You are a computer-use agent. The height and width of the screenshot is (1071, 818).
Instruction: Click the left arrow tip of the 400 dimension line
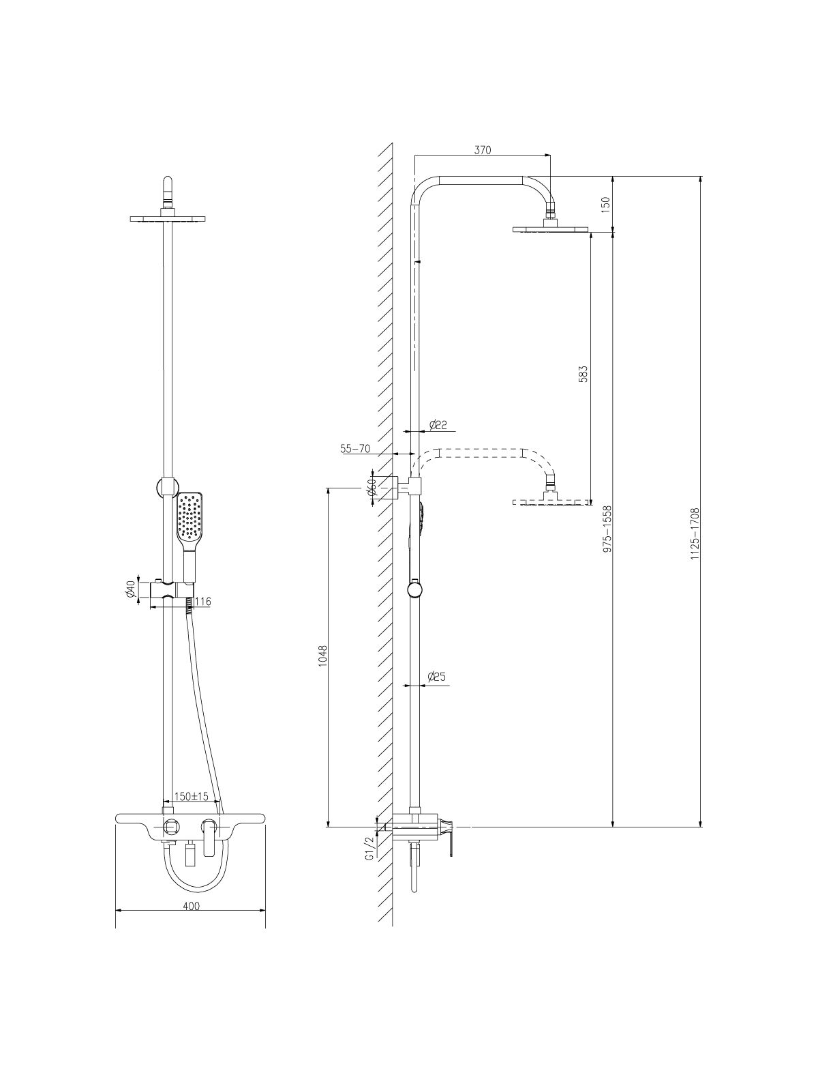coord(115,911)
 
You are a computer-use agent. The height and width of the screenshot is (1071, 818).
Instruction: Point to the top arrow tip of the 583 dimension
coord(591,233)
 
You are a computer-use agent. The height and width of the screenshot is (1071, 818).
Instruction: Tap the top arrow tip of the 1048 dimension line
coord(328,488)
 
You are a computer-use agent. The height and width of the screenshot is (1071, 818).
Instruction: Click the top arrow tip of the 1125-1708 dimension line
coord(701,177)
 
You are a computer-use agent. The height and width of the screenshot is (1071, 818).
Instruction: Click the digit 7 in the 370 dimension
coord(483,150)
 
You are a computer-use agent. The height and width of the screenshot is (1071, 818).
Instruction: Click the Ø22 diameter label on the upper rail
coord(438,425)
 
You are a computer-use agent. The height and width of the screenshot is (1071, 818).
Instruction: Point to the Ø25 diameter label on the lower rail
coord(437,677)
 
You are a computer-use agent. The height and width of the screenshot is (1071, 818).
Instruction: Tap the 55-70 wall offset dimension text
coord(355,449)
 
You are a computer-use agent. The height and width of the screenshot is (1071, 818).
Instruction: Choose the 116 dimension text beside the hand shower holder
coord(202,602)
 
